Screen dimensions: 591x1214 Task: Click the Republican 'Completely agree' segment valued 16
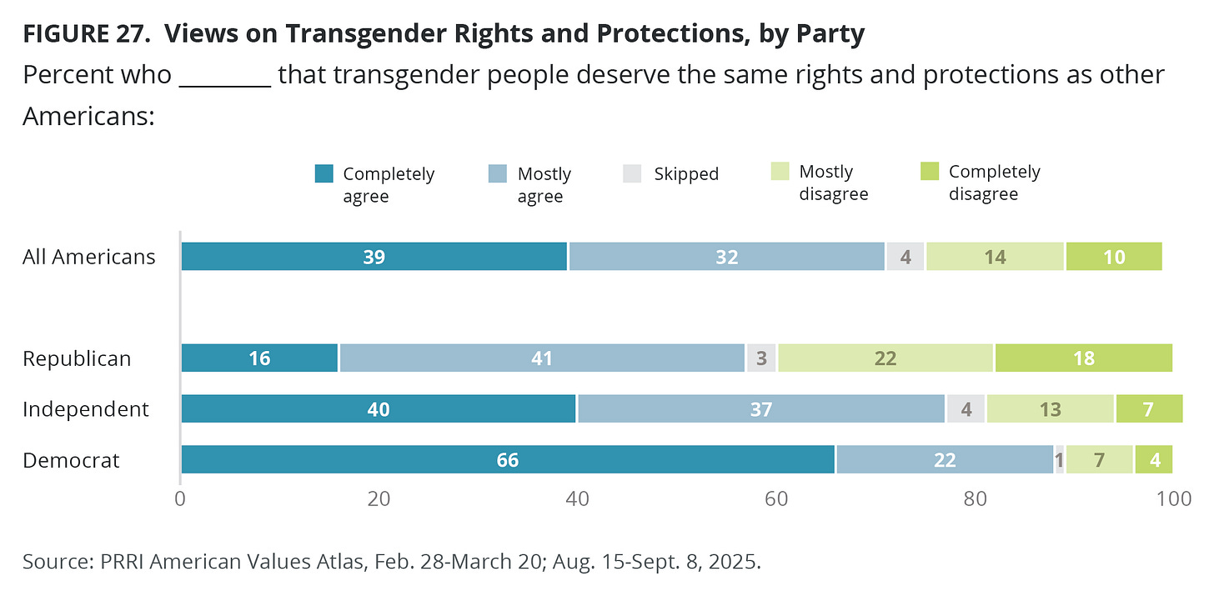(x=259, y=358)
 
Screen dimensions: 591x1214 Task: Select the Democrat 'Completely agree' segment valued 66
(x=508, y=460)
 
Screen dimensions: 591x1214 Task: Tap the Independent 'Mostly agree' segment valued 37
(x=761, y=409)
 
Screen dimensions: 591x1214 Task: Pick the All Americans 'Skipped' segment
(x=905, y=257)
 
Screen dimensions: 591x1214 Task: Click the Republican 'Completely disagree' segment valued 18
(x=1083, y=358)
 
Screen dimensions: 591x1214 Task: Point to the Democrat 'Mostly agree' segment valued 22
(x=945, y=460)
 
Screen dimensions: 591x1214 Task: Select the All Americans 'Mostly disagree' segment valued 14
(x=995, y=257)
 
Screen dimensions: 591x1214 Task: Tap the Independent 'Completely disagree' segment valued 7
(x=1149, y=409)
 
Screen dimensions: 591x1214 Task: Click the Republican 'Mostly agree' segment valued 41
(x=542, y=358)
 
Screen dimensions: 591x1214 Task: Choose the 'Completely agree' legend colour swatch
(x=324, y=173)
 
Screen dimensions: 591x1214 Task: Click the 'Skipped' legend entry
(x=685, y=173)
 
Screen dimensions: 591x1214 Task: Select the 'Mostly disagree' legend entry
(x=833, y=183)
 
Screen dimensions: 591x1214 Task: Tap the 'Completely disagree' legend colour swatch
(x=929, y=172)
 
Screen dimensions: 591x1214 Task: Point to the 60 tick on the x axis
(x=776, y=499)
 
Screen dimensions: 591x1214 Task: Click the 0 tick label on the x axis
(x=180, y=499)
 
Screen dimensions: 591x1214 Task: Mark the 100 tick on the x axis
(x=1174, y=499)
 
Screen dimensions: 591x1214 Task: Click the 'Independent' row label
(x=85, y=409)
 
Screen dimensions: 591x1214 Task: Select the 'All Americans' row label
(x=88, y=257)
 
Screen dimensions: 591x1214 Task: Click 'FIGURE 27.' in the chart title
(x=87, y=34)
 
